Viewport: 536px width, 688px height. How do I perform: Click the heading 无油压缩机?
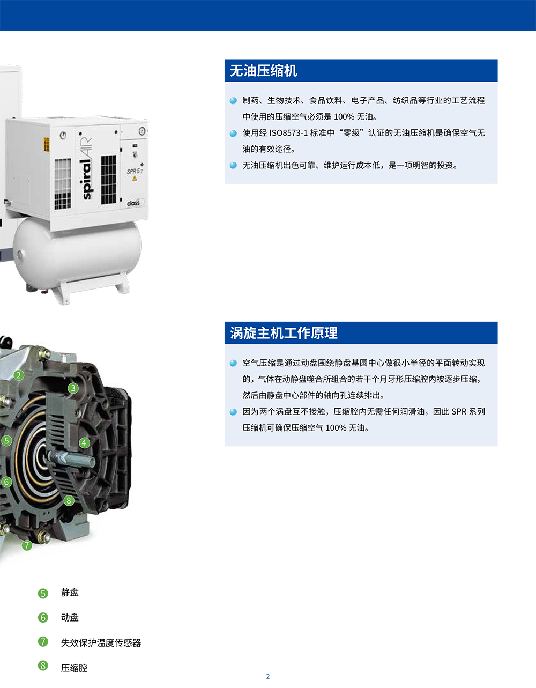(263, 71)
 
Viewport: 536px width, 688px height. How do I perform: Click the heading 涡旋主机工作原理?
(284, 333)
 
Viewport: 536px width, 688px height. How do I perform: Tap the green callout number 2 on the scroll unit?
(19, 375)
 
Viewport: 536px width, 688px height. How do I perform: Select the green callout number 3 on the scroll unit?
(73, 388)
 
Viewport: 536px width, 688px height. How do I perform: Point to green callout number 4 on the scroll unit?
(84, 442)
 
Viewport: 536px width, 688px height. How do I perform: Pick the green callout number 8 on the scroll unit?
(69, 500)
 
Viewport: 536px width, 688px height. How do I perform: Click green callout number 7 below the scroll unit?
(27, 545)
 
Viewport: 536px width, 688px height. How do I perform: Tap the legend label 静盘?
(70, 593)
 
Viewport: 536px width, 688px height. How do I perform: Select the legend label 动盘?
(70, 617)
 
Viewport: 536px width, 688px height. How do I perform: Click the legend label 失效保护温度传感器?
(101, 642)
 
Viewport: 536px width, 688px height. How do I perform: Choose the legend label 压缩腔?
(74, 668)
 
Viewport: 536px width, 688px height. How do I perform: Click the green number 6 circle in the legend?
(43, 617)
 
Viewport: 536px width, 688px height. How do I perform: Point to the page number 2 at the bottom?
(268, 677)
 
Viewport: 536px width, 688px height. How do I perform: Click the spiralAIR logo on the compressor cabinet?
(87, 168)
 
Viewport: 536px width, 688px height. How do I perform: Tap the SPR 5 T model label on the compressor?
(135, 171)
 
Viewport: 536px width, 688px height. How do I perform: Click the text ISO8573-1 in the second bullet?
(288, 133)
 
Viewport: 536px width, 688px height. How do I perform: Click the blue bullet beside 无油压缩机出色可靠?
(233, 165)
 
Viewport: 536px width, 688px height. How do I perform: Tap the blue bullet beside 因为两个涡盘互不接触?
(233, 412)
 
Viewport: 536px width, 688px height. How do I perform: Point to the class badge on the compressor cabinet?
(133, 203)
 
